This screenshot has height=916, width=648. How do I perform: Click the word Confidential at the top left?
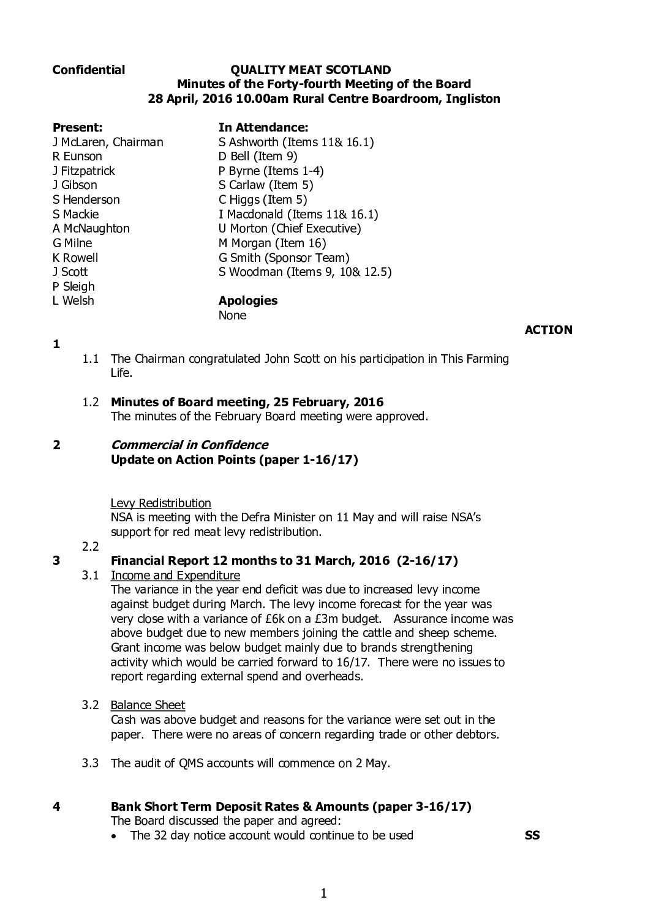(89, 70)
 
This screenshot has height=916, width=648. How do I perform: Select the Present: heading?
(77, 128)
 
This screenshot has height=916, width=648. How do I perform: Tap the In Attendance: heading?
(263, 128)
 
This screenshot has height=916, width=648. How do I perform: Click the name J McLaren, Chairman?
(108, 143)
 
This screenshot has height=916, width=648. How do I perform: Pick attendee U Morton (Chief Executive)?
(290, 229)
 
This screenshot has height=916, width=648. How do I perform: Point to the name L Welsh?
(73, 301)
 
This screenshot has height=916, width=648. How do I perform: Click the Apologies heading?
(247, 301)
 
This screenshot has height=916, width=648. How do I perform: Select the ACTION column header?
(548, 330)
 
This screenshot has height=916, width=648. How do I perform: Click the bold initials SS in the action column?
(532, 835)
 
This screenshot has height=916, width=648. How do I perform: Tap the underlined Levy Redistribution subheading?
(160, 504)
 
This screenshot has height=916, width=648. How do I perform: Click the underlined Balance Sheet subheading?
(148, 706)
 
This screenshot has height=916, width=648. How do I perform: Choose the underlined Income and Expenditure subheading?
(175, 576)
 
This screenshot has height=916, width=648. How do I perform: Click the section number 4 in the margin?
(56, 807)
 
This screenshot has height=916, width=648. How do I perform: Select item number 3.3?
(91, 764)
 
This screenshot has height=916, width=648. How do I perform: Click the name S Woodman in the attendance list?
(247, 272)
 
